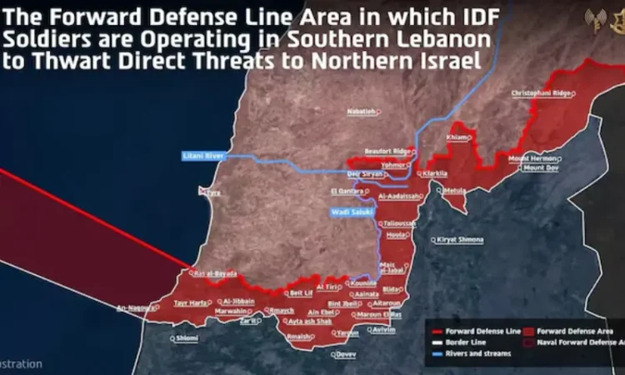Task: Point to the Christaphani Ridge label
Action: (541, 92)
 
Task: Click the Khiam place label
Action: (457, 137)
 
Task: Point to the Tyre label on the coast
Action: (214, 192)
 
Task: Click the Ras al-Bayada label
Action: (216, 273)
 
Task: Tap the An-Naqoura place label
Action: (136, 307)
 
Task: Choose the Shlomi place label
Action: (187, 337)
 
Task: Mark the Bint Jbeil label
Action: (344, 303)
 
